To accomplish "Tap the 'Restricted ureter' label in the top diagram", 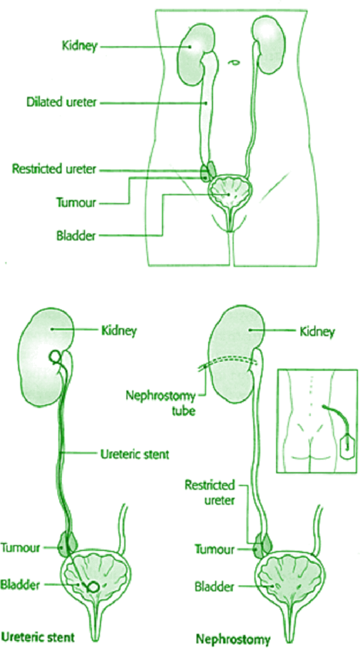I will tap(54, 169).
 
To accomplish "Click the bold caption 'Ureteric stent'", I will tap(37, 636).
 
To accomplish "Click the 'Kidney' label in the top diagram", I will tap(79, 46).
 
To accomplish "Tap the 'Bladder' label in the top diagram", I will tap(76, 236).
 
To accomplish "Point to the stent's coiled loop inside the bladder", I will tap(93, 587).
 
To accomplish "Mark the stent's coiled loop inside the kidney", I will tap(55, 358).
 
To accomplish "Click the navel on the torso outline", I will tap(233, 62).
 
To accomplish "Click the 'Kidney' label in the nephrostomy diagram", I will tap(317, 332).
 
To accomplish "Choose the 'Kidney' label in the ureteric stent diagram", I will tap(118, 330).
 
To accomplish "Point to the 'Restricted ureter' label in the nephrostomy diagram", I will tap(209, 492).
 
